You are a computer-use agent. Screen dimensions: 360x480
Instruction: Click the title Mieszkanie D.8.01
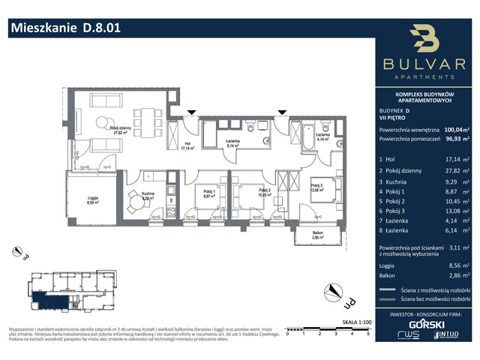64,28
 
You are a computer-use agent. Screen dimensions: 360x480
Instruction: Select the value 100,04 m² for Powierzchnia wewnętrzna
457,129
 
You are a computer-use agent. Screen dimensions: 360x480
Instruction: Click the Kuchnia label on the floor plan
146,196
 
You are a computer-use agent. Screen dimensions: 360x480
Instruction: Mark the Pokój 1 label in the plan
209,191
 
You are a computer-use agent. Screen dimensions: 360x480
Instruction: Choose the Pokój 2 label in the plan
263,191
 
